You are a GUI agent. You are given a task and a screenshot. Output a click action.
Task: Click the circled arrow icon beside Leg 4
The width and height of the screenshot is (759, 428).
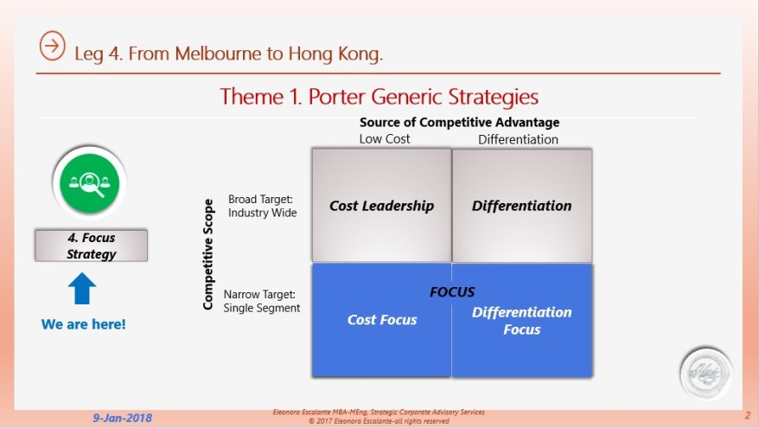click(x=53, y=47)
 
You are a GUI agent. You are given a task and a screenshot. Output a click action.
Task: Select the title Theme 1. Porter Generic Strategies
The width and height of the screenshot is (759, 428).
click(x=379, y=95)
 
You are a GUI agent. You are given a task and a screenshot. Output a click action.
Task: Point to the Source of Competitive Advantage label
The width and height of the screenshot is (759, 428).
click(x=459, y=123)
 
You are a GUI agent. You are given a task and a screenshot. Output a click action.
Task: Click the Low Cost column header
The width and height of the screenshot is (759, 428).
click(x=385, y=138)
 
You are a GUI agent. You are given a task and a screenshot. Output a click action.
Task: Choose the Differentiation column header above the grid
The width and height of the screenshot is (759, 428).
click(x=518, y=139)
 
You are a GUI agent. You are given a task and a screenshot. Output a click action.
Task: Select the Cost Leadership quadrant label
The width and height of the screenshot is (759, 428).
click(x=381, y=206)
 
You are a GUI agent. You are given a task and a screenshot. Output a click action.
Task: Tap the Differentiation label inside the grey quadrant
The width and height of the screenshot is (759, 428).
click(x=521, y=206)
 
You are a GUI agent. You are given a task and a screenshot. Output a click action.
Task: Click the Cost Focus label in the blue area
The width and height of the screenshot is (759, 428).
click(x=382, y=320)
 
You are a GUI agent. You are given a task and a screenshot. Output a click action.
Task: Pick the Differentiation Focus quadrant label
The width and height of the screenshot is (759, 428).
click(x=521, y=320)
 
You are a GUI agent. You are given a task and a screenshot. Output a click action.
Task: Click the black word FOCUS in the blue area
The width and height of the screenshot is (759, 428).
click(x=452, y=292)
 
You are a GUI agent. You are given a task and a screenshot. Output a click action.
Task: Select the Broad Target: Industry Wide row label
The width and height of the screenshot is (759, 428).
click(x=262, y=206)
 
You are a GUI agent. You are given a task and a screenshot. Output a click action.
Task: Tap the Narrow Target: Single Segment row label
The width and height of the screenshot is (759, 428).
click(x=261, y=301)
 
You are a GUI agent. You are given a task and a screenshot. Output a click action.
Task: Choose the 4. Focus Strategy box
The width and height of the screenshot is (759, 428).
click(x=91, y=246)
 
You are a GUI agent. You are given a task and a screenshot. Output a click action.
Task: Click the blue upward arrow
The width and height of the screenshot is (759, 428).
click(x=81, y=289)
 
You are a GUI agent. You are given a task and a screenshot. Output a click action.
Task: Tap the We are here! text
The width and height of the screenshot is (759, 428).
click(x=83, y=324)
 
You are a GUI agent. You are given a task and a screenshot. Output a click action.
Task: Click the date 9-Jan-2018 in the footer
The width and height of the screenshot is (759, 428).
click(x=123, y=418)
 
